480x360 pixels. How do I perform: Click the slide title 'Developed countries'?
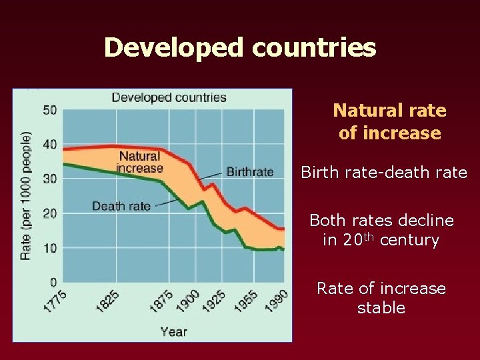tap(240, 47)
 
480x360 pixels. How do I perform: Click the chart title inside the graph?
tap(169, 97)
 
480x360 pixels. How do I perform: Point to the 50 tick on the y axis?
tap(50, 110)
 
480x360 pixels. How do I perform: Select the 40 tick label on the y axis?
tap(50, 145)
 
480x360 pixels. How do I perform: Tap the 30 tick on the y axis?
tap(50, 179)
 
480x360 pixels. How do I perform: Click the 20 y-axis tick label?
tap(50, 213)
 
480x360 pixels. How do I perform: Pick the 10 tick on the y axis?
tap(50, 248)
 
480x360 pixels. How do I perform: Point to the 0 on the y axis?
tap(53, 282)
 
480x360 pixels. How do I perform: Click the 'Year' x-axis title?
tap(173, 331)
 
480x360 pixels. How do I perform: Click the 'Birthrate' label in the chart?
tap(250, 172)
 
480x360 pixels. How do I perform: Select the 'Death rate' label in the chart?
tap(121, 206)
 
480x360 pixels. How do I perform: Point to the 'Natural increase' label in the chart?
tap(140, 162)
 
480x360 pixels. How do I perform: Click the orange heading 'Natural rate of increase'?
tap(389, 121)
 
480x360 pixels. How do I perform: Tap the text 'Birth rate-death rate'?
tap(384, 173)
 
